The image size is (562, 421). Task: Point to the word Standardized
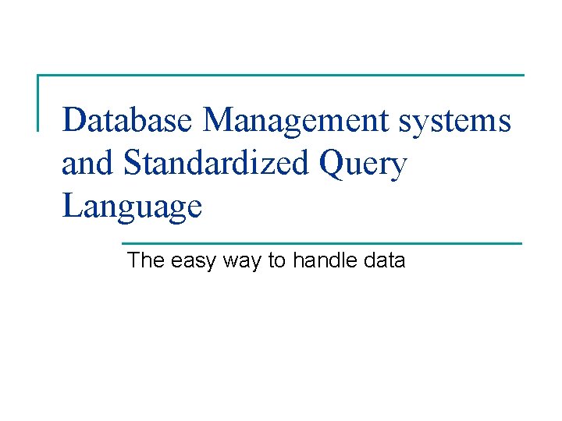coord(217,164)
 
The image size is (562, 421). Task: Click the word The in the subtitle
coord(146,260)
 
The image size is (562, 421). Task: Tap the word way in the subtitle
coord(243,261)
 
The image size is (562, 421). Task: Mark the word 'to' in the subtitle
coord(277,260)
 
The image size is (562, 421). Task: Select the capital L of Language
coord(72,206)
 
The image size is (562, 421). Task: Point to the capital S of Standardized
coord(132,164)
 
